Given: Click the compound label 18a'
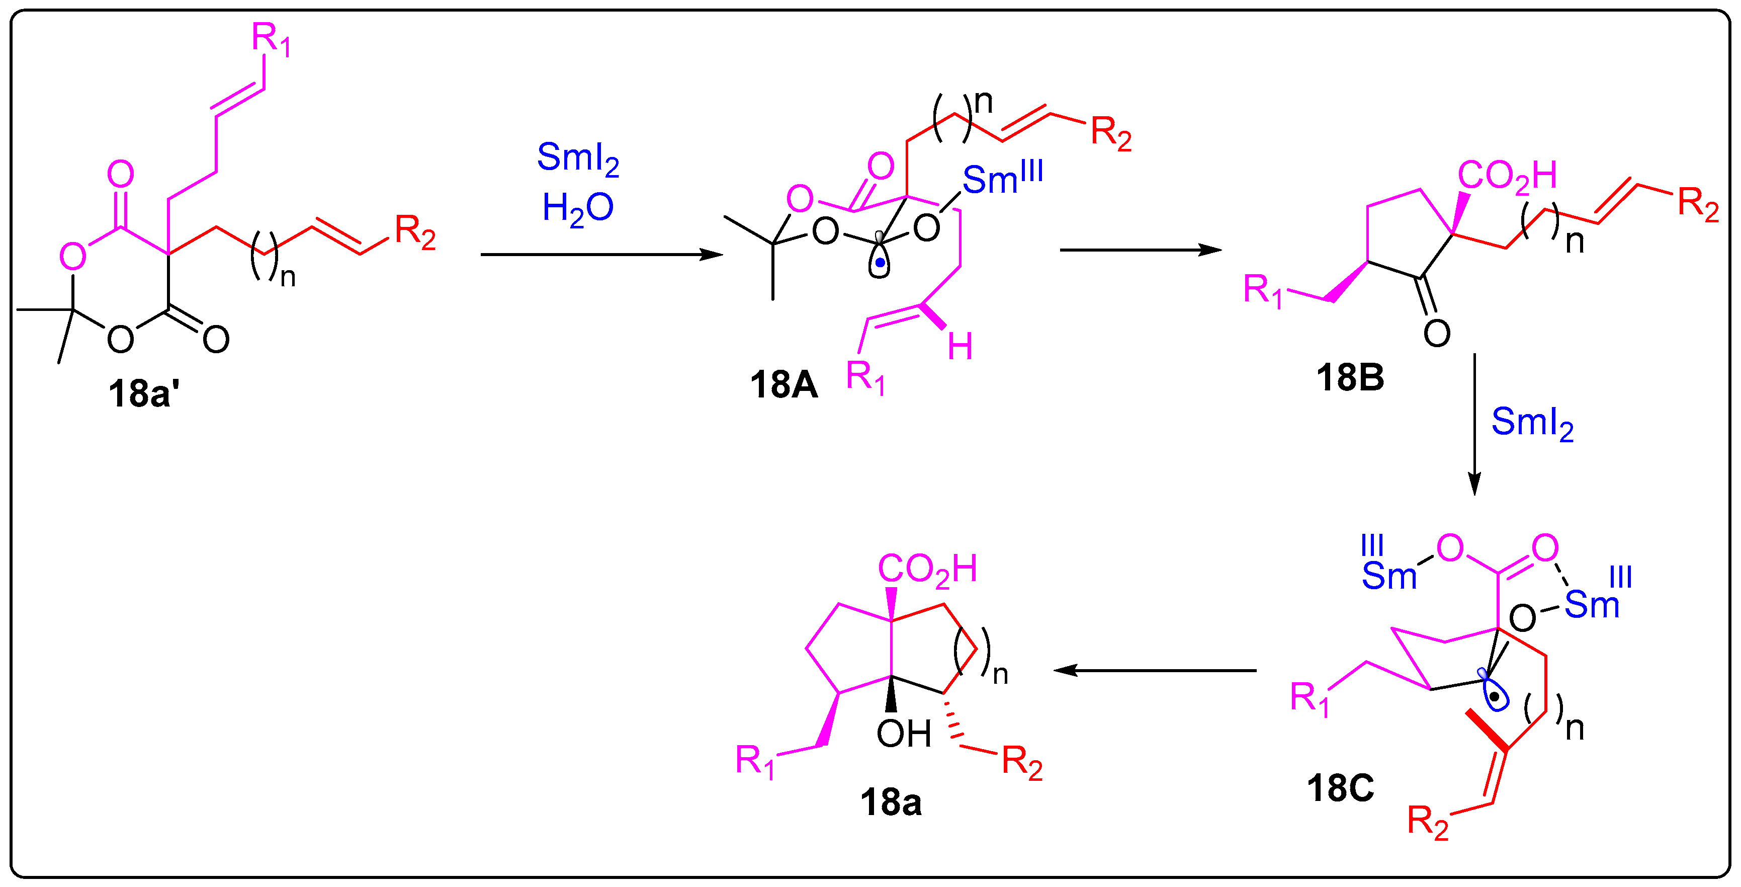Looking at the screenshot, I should click(143, 393).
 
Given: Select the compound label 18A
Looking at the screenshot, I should click(784, 385).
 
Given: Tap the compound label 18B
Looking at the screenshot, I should click(1350, 377).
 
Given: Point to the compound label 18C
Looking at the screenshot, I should click(1340, 787).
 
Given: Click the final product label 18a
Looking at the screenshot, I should click(890, 802).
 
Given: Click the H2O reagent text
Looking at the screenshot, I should click(578, 208).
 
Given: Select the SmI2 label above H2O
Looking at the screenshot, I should click(578, 158).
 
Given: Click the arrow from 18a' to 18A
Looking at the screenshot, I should click(601, 255).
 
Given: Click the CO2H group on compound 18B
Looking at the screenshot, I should click(1507, 176).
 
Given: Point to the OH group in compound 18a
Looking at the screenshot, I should click(904, 734).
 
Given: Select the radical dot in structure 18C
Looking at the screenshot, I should click(1496, 696).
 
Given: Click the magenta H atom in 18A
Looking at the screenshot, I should click(960, 348).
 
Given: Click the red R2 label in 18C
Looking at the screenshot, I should click(1427, 822).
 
